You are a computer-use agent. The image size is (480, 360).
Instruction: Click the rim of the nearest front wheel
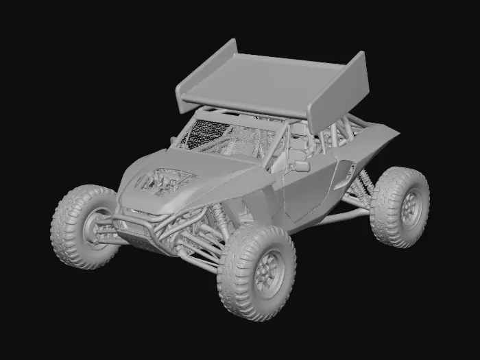[x=265, y=274]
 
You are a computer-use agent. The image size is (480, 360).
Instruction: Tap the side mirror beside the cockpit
[x=302, y=165]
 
